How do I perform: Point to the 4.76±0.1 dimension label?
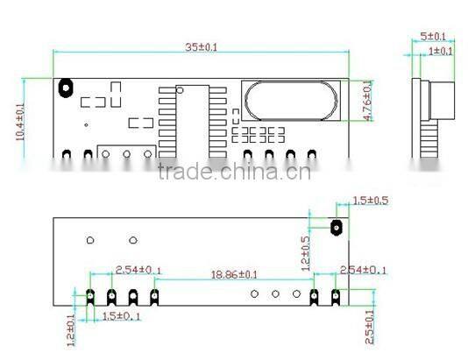[x=366, y=101]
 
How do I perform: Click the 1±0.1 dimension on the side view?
[x=440, y=51]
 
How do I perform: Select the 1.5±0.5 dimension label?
[x=369, y=201]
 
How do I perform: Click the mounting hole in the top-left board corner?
[x=65, y=87]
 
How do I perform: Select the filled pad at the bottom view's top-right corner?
[x=336, y=228]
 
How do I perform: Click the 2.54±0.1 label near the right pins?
[x=362, y=270]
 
